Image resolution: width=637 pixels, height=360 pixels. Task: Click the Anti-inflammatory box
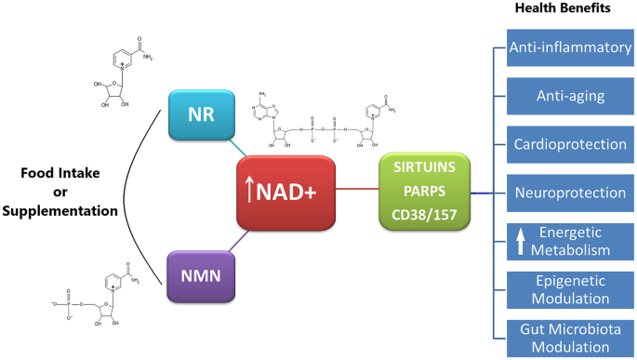pos(569,47)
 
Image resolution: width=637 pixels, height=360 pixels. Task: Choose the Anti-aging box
pos(569,95)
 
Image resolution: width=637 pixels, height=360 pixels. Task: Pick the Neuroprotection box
pos(569,192)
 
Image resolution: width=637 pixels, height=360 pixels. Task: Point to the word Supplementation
pos(60,211)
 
